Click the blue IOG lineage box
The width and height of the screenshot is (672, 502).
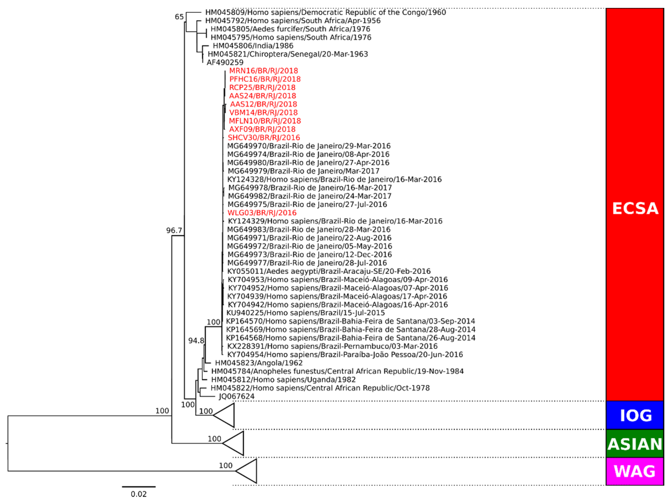pos(635,415)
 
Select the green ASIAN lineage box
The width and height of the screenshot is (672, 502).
pos(635,443)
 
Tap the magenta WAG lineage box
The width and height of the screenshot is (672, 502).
pos(635,471)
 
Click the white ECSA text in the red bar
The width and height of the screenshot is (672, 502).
pos(635,209)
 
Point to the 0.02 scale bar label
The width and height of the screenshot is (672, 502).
pos(139,494)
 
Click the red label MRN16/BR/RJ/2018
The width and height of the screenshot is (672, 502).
pos(263,71)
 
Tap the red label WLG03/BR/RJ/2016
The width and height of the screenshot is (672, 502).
pos(262,213)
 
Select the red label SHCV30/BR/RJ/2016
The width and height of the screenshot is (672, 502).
pos(264,138)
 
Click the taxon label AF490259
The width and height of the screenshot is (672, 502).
pos(225,63)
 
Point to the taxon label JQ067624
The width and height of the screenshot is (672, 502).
pos(236,396)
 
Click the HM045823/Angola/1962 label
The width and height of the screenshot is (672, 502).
pos(259,363)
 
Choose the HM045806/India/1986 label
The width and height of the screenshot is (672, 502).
pos(253,46)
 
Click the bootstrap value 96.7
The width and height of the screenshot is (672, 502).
pos(174,230)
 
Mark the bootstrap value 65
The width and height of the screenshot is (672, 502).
pos(179,17)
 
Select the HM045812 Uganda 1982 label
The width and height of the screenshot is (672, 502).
pos(283,380)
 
